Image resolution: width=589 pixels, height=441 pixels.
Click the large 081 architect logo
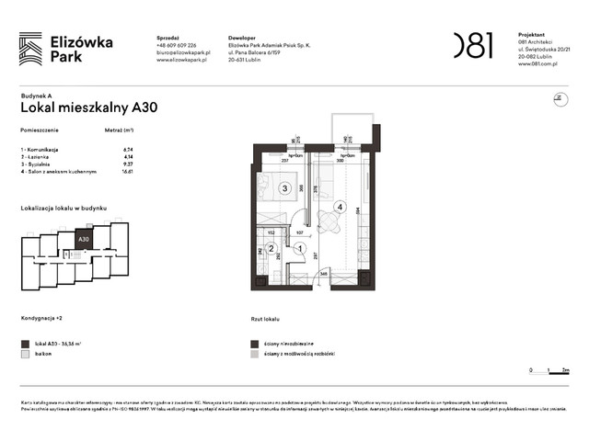pyautogui.click(x=473, y=45)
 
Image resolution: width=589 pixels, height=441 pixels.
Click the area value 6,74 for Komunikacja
pyautogui.click(x=129, y=149)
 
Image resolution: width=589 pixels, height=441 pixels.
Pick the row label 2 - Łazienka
pyautogui.click(x=38, y=156)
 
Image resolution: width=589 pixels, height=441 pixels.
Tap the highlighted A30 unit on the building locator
pyautogui.click(x=84, y=240)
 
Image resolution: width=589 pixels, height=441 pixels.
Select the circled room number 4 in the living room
pyautogui.click(x=341, y=207)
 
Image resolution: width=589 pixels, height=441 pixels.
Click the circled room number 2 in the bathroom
pyautogui.click(x=271, y=247)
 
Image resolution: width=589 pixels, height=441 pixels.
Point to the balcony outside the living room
pyautogui.click(x=352, y=133)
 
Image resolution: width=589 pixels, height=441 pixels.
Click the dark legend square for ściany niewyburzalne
pyautogui.click(x=254, y=342)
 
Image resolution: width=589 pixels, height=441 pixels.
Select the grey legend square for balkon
pyautogui.click(x=25, y=353)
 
